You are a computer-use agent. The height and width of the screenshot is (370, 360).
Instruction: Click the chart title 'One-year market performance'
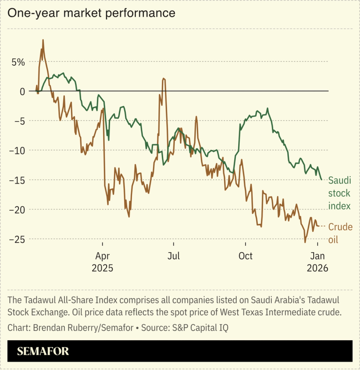pos(91,13)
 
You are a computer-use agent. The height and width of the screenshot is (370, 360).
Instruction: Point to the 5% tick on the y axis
pos(19,62)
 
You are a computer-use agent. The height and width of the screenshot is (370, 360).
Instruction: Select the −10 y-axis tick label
pos(18,150)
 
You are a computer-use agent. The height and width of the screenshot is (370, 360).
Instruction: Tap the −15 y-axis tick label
pos(18,180)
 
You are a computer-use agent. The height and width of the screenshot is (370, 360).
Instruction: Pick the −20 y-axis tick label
pos(18,210)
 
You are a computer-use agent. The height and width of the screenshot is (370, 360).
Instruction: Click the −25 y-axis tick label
pos(18,239)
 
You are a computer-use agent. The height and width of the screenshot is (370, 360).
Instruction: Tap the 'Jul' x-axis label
pos(173,256)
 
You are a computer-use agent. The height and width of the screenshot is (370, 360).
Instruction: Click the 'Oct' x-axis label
pos(246,256)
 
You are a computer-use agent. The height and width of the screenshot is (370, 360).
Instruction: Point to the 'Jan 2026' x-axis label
pos(317,262)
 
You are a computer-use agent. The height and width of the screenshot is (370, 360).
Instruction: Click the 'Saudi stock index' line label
pos(339,193)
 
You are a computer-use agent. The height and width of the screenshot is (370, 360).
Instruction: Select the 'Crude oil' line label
pos(340,233)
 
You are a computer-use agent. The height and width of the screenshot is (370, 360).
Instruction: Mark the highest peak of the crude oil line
pos(43,40)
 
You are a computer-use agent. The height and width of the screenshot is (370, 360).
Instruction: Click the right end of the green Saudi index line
pos(322,180)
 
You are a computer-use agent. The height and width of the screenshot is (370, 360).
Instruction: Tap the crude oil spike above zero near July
pos(164,78)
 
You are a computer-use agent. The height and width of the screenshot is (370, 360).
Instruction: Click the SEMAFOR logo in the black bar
pos(43,351)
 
